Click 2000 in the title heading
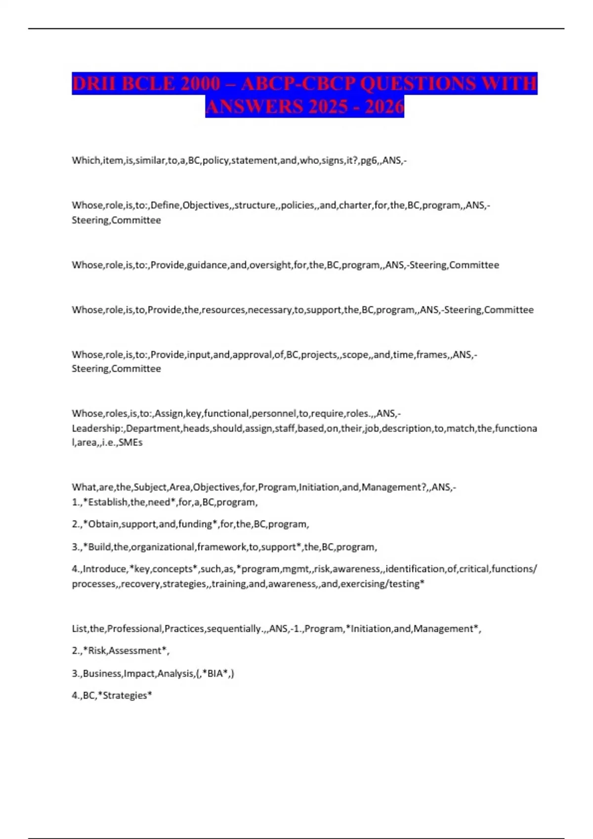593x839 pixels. tap(200, 83)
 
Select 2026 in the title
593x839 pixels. tap(384, 107)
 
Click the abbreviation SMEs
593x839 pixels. tap(130, 443)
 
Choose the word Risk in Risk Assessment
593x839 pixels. tap(97, 651)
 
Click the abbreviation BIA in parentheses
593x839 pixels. tap(215, 674)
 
